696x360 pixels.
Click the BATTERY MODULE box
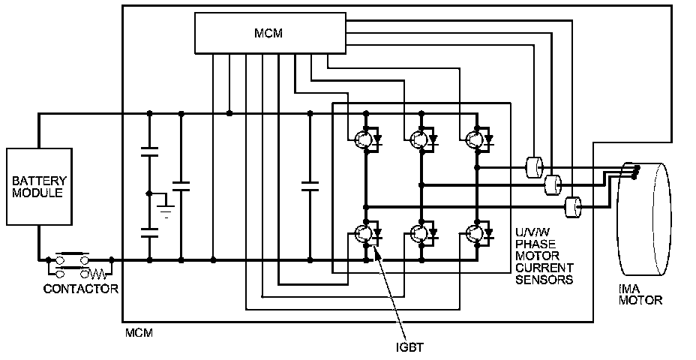tap(39, 187)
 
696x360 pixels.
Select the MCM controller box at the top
tap(270, 33)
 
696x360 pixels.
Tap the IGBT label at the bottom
tap(409, 347)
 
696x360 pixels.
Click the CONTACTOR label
tap(81, 289)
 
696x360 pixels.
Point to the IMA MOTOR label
tap(640, 294)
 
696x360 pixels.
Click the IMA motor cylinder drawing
tap(643, 218)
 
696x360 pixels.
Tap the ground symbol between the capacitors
tap(166, 211)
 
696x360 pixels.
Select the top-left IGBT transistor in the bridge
tap(364, 139)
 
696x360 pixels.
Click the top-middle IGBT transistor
tap(420, 139)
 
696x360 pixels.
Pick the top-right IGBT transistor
tap(475, 139)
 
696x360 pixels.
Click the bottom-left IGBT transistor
tap(364, 233)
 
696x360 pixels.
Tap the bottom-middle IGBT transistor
tap(420, 233)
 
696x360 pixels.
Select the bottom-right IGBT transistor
tap(475, 233)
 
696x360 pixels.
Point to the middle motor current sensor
tap(553, 184)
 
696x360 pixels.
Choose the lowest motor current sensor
tap(572, 207)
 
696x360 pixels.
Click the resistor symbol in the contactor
tap(97, 271)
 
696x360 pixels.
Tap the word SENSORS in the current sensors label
tap(544, 280)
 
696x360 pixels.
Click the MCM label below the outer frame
tap(139, 333)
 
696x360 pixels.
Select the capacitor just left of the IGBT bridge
tap(310, 187)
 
